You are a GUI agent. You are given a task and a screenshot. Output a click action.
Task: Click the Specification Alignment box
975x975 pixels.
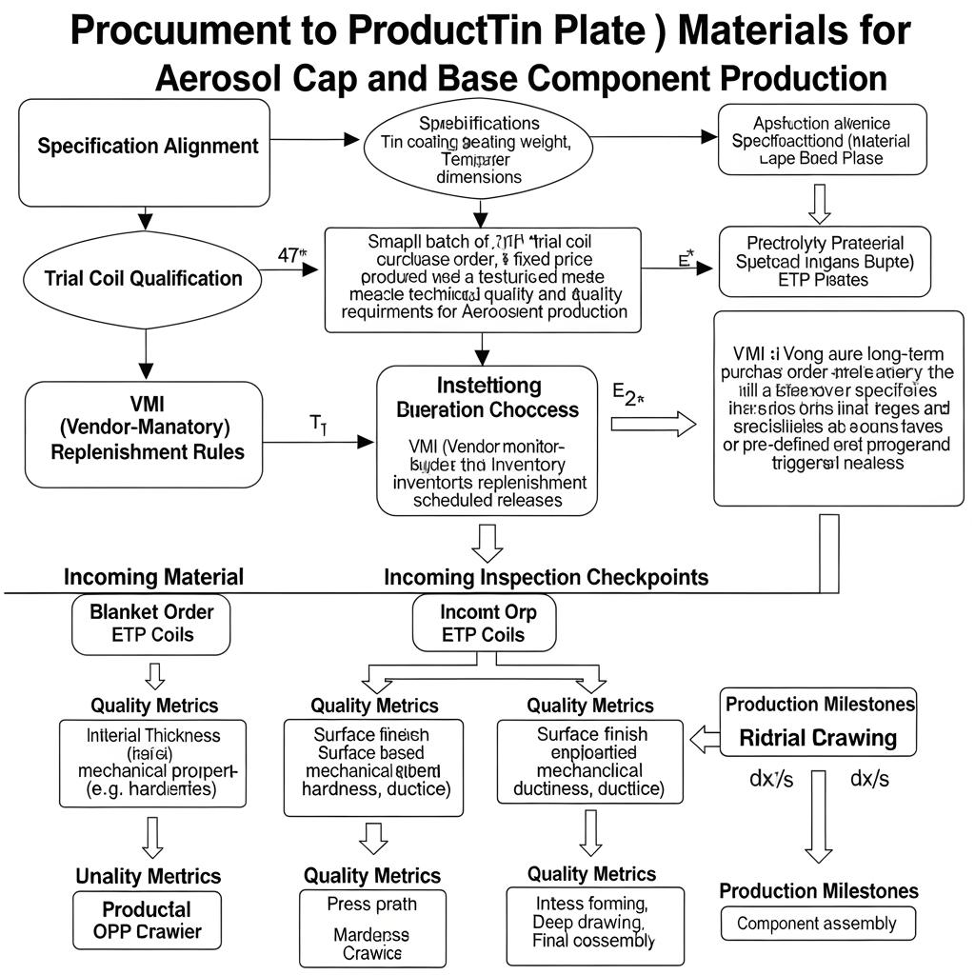[x=144, y=152]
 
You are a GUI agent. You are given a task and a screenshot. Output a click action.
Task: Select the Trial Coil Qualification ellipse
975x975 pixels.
[x=143, y=279]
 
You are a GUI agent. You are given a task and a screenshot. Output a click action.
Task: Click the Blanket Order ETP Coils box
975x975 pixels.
[x=151, y=625]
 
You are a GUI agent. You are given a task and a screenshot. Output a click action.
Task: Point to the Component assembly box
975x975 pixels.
[x=816, y=924]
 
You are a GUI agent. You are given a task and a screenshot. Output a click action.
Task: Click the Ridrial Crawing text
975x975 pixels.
[x=817, y=738]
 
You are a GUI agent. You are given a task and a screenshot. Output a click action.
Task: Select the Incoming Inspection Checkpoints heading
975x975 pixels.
[x=546, y=577]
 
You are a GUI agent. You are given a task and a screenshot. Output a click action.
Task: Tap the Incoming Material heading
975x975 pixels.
[x=153, y=577]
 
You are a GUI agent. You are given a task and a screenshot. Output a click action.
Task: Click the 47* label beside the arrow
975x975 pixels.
[x=289, y=255]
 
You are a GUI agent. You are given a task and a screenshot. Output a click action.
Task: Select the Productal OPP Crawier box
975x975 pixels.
[x=147, y=920]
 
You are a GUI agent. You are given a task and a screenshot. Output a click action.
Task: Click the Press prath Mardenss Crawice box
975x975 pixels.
[x=372, y=927]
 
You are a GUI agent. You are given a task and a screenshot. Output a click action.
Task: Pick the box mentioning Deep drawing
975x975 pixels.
[x=594, y=922]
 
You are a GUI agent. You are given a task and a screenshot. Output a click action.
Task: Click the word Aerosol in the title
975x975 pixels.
[x=207, y=78]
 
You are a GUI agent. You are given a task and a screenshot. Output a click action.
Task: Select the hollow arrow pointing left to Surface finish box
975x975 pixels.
[x=704, y=738]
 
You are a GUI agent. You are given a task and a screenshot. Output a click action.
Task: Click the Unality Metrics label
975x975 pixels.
[x=148, y=876]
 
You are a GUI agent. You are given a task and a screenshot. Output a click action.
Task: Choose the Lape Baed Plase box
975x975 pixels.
[x=822, y=140]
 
